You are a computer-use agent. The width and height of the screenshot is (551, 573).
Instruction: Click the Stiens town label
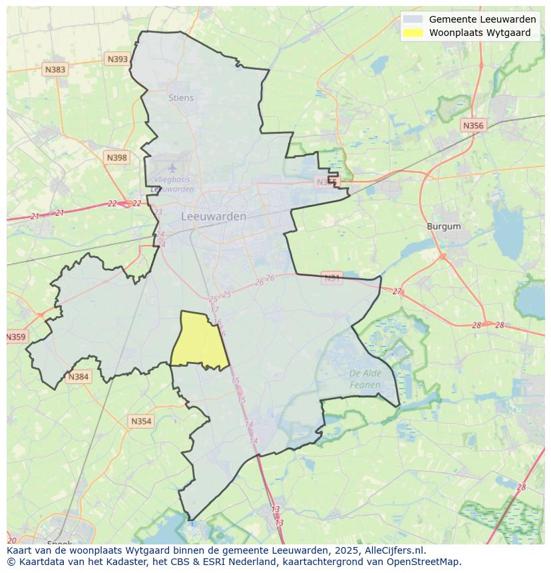[x=181, y=98]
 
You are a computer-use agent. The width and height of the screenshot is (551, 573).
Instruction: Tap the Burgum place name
[x=443, y=226]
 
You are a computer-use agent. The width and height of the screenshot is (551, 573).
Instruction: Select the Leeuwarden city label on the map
[x=214, y=216]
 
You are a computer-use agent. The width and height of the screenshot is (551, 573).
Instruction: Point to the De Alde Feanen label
[x=365, y=379]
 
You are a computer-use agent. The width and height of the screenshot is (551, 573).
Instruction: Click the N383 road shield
[x=55, y=69]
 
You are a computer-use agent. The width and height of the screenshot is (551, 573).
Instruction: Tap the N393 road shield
[x=117, y=59]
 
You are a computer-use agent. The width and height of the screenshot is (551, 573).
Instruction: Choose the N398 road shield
[x=116, y=158]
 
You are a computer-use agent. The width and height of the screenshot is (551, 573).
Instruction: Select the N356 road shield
[x=473, y=125]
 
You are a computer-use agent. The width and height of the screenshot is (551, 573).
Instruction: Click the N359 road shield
[x=16, y=337]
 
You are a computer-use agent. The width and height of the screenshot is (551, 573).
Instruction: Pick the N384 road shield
[x=78, y=377]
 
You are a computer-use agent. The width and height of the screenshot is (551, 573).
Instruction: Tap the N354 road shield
[x=141, y=421]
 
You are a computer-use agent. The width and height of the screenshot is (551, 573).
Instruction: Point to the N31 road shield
[x=331, y=277]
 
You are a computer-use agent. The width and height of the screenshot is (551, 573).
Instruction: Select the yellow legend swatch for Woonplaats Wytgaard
[x=413, y=33]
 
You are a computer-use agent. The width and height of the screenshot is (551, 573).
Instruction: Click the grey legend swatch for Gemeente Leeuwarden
[x=413, y=19]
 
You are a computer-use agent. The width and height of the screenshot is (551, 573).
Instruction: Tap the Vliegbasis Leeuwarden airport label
[x=173, y=184]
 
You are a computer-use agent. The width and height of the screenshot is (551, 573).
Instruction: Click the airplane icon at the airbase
[x=173, y=168]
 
